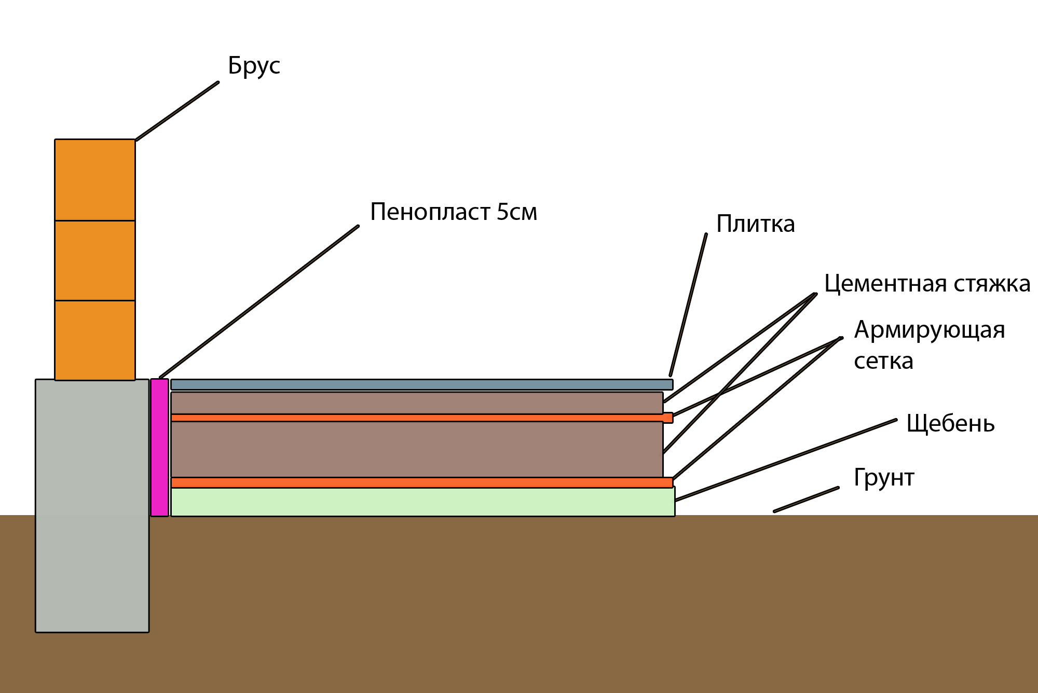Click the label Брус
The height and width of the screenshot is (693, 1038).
254,66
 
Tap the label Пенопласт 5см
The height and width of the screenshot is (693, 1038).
454,212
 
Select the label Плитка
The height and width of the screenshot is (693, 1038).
755,224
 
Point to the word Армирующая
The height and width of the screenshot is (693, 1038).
930,330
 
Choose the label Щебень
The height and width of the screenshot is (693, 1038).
950,424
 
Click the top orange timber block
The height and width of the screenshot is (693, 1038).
95,180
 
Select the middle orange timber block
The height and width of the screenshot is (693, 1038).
95,260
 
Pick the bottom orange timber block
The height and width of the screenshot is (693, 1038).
95,340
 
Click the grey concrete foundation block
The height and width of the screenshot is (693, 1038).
92,506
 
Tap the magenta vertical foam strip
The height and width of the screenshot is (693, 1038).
160,448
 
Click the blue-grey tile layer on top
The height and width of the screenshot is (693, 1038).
422,384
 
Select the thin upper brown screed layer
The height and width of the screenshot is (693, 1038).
417,403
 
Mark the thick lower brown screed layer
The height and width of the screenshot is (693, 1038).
417,449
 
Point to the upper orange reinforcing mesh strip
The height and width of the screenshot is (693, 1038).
422,418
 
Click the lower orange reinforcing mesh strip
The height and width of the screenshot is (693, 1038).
422,483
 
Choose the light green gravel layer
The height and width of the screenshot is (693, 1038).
423,502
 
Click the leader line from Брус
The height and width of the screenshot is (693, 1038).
177,111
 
